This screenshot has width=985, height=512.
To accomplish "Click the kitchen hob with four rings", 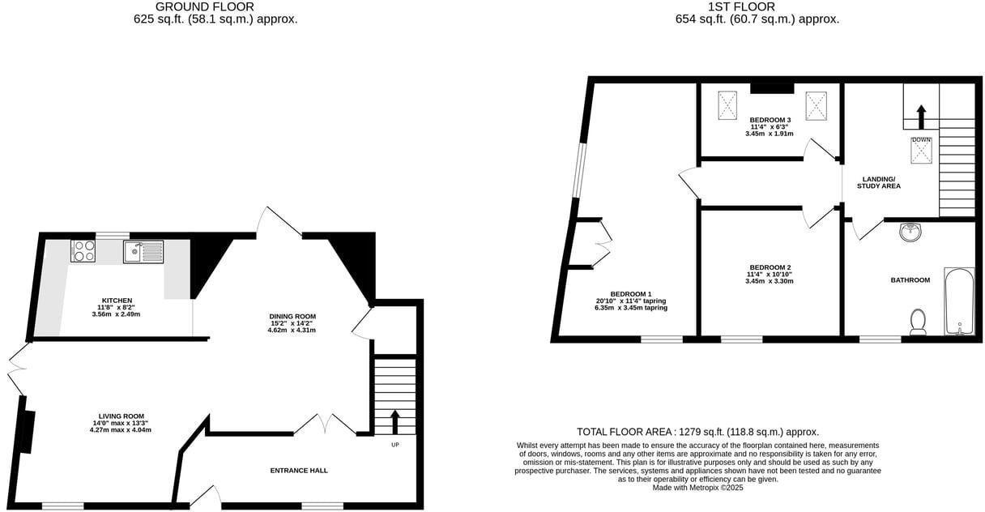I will [83, 251].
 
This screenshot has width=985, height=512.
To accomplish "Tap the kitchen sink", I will [143, 252].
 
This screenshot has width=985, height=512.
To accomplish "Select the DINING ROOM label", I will [292, 316].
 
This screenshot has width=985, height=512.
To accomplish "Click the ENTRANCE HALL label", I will [299, 470].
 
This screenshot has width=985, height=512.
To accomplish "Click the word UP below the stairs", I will [395, 445].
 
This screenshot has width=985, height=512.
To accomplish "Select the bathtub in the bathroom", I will [959, 301].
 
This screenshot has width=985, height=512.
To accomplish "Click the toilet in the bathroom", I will [918, 322].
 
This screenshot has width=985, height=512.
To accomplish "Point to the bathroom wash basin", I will [911, 233].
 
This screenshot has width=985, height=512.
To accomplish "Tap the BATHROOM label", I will [910, 280].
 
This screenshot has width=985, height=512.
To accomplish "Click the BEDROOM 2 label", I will [769, 267].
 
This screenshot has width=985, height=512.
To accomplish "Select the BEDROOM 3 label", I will [770, 120].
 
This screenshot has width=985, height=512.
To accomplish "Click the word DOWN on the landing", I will [921, 140].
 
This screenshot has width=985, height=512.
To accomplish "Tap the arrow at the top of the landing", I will [921, 116].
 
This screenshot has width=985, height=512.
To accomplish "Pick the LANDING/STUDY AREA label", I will [879, 182].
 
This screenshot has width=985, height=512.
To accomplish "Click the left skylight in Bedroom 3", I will [727, 103].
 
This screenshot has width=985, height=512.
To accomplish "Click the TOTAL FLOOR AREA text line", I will [697, 432].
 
